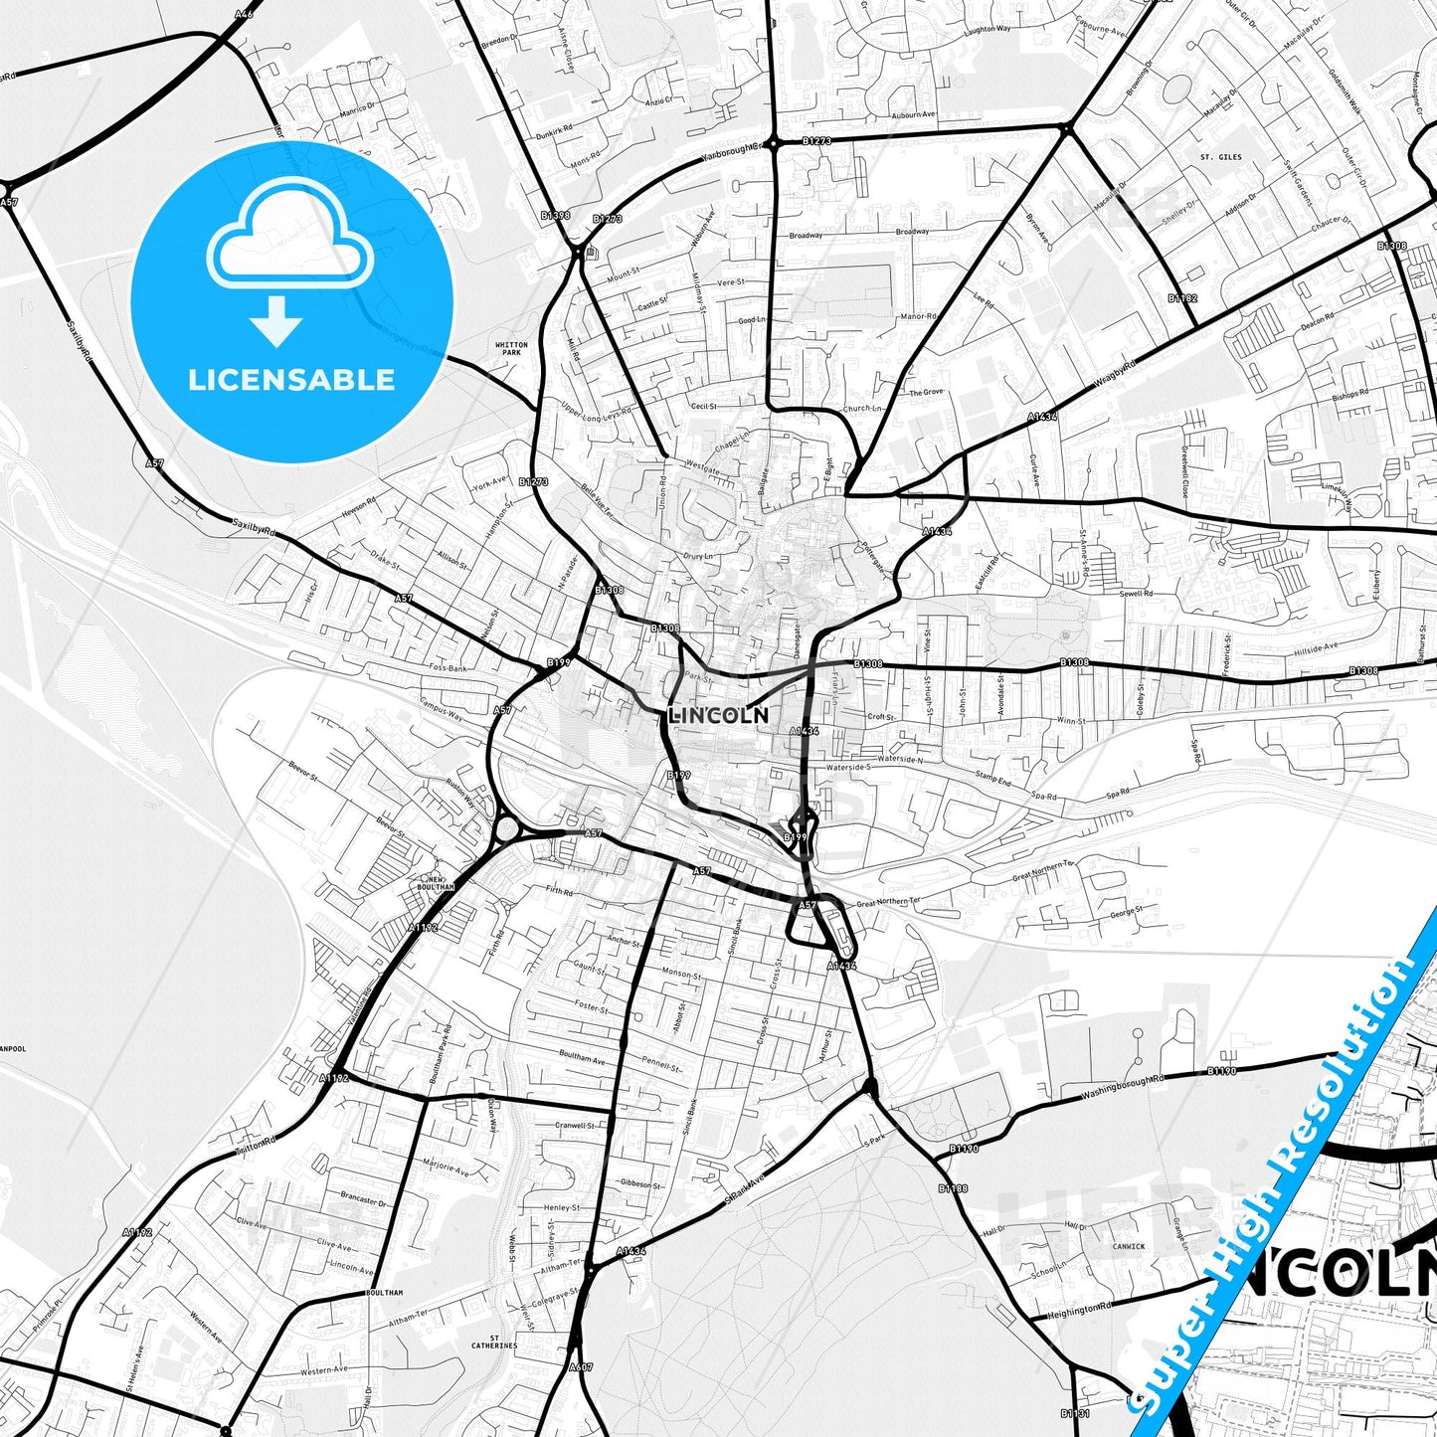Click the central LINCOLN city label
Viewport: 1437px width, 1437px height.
[x=718, y=715]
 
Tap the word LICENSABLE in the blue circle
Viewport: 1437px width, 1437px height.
[x=291, y=379]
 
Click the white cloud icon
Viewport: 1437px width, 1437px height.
[x=289, y=239]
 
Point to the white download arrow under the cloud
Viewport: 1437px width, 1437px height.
[x=276, y=320]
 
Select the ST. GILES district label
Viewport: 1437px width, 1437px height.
[x=1220, y=157]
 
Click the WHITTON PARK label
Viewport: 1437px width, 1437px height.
[x=511, y=348]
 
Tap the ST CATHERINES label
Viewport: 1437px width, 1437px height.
[x=494, y=1341]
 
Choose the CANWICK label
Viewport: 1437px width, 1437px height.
[x=1129, y=1245]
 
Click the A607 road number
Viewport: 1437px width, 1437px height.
[x=581, y=1367]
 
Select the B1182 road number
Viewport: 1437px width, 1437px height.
[x=1182, y=297]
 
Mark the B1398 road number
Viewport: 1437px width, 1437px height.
[x=555, y=215]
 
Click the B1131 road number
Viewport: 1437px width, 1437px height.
[x=1074, y=1412]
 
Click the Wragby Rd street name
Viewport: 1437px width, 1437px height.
[x=1114, y=377]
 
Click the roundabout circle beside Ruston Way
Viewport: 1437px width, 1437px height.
[x=506, y=828]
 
